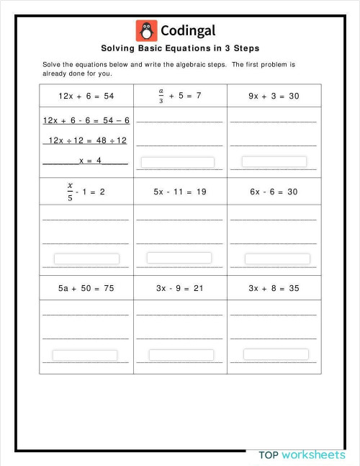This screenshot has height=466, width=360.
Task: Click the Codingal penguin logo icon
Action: click(146, 31)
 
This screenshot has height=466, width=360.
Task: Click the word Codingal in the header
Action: click(188, 31)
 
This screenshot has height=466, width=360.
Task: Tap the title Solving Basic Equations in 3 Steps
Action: click(180, 49)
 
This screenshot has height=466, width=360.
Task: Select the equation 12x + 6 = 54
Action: click(86, 96)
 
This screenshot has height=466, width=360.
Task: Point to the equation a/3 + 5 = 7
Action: click(179, 96)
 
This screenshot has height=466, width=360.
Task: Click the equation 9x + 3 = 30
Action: click(274, 96)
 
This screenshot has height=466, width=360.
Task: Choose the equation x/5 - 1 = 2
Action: click(86, 192)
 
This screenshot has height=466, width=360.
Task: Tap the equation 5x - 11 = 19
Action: click(179, 192)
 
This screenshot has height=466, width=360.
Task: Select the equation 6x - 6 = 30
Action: click(274, 192)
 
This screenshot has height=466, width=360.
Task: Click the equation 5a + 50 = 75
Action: click(86, 288)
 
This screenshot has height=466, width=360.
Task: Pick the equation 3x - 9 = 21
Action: click(179, 288)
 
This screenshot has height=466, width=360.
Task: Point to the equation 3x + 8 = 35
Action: click(274, 288)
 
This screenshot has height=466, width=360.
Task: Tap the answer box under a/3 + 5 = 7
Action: click(178, 163)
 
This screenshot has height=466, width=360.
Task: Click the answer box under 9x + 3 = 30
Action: click(274, 161)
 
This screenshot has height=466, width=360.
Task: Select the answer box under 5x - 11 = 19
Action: click(179, 258)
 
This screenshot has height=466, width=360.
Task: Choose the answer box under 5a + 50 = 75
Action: click(85, 356)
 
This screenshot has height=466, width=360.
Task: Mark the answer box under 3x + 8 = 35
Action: click(276, 354)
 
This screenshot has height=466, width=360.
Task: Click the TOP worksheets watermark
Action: click(302, 455)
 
